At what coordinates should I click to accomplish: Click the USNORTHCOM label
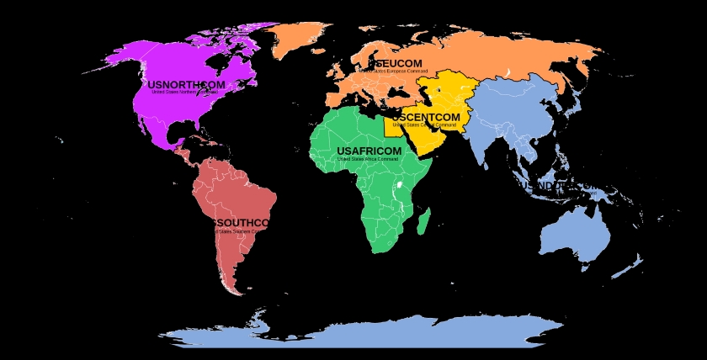point(186,85)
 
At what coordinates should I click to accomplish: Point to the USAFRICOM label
point(369,151)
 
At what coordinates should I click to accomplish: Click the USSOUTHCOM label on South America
point(239,223)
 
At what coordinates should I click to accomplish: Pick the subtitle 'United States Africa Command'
point(368,159)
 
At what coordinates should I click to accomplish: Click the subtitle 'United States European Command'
point(393,71)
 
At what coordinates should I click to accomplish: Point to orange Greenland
point(299,38)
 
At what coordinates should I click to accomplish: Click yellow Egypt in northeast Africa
point(393,126)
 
